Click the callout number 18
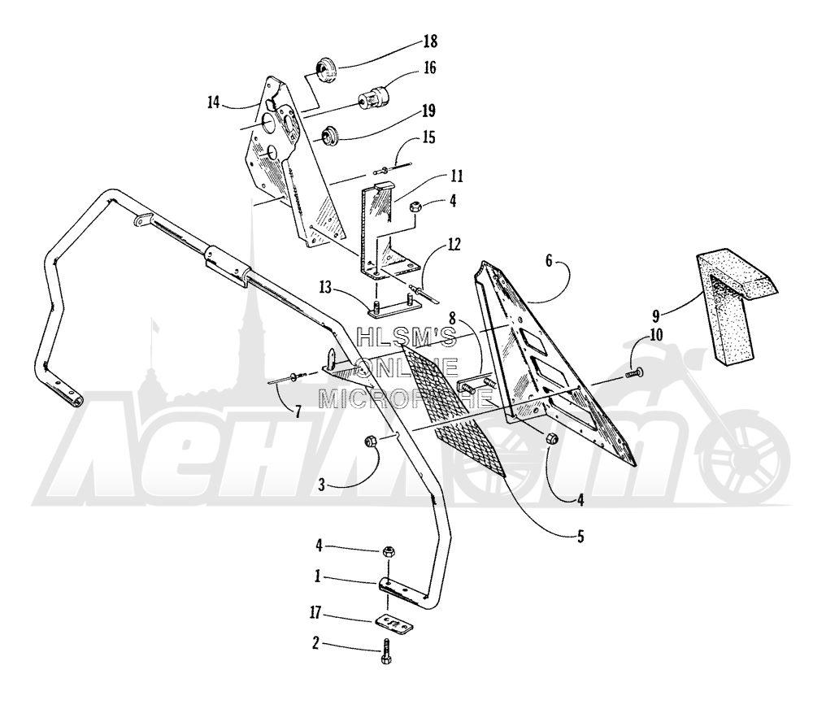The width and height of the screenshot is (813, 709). (430, 41)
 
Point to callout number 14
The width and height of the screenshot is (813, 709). (214, 102)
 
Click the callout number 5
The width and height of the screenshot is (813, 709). (580, 537)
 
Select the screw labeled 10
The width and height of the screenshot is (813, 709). (634, 372)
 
